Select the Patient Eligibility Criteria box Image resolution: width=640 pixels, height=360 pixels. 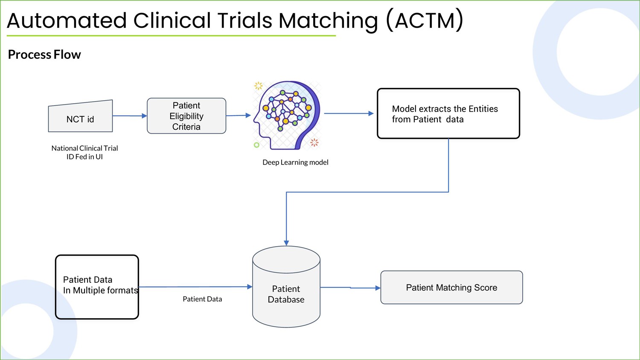point(186,116)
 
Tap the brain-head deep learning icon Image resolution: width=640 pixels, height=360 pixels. point(287,115)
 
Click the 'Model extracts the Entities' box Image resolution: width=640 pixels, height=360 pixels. point(448,113)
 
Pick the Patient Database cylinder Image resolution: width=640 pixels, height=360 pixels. point(286,287)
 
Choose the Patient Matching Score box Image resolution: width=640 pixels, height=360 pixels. point(451,287)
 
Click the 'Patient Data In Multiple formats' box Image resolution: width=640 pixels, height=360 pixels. point(97,287)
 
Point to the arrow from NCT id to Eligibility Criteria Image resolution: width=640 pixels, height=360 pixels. point(130,116)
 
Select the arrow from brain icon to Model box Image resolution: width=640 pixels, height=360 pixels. point(349,113)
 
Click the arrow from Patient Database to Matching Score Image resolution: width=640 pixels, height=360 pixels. point(350,288)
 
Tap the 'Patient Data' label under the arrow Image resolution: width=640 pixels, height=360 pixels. point(202,299)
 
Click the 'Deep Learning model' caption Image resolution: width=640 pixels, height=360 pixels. point(295,162)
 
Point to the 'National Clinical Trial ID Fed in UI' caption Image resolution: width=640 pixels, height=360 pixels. point(84,152)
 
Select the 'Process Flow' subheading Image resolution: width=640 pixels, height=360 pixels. point(44,54)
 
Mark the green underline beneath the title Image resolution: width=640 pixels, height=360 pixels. point(171,36)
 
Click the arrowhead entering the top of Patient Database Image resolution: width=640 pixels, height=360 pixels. point(286,243)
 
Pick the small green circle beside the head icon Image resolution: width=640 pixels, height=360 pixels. point(256,145)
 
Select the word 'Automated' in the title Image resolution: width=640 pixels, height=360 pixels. point(67,20)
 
